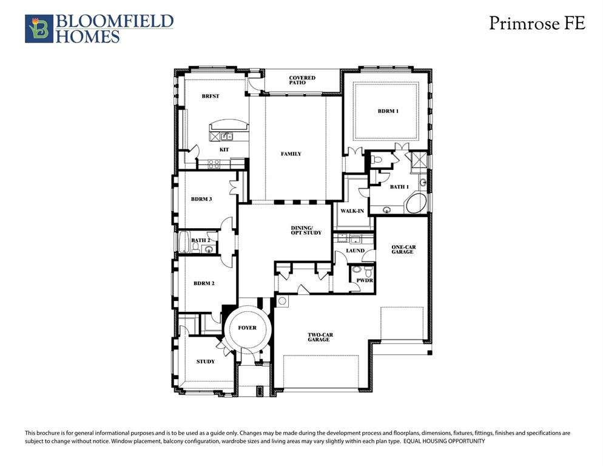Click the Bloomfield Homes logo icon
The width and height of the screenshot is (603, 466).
click(39, 29)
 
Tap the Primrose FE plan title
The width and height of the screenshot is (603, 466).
click(537, 23)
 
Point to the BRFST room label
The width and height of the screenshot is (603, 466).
click(211, 96)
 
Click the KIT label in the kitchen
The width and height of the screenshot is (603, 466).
click(224, 150)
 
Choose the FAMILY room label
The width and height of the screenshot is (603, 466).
click(291, 154)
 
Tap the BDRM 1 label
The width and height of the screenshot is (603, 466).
click(388, 111)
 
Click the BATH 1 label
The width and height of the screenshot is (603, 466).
click(399, 187)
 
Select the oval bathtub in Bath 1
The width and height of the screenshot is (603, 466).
click(417, 203)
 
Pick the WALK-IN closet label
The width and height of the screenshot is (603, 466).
click(352, 211)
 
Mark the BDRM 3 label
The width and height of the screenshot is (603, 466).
click(201, 200)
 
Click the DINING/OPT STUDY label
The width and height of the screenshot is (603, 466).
click(306, 231)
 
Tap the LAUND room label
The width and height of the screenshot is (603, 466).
click(355, 251)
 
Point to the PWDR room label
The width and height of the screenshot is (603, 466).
click(365, 280)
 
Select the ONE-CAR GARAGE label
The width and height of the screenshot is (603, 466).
click(403, 249)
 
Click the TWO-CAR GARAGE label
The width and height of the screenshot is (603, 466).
click(320, 337)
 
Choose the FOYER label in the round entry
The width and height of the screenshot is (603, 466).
click(247, 328)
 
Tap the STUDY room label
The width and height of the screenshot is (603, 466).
click(206, 362)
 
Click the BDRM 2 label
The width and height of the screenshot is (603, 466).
click(204, 283)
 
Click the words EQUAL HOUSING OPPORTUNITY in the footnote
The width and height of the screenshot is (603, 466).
click(444, 441)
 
